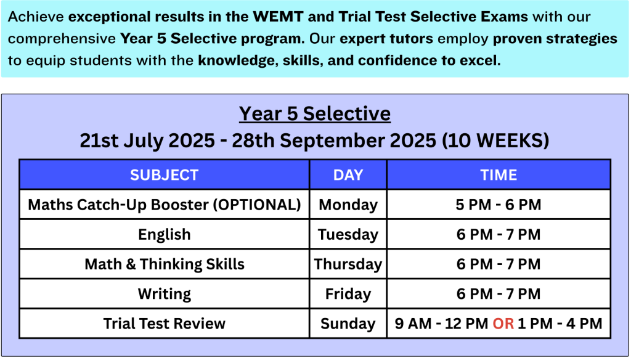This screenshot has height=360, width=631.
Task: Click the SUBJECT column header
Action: [x=164, y=175]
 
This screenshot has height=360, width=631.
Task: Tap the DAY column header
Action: [x=348, y=175]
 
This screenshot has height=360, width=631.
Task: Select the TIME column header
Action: [x=499, y=175]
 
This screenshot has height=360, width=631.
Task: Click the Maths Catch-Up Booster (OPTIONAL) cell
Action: [x=164, y=205]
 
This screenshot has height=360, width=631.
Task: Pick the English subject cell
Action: [x=164, y=234]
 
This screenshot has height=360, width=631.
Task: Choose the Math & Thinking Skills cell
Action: [x=164, y=264]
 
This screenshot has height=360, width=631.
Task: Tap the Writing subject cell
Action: [x=164, y=294]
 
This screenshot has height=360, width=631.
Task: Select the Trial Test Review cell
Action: [x=164, y=324]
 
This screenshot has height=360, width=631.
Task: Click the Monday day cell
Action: [x=348, y=205]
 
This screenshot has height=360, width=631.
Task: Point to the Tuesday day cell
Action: [x=348, y=234]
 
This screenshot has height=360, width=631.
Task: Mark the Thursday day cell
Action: [x=348, y=264]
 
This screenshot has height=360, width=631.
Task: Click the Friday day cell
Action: [x=348, y=294]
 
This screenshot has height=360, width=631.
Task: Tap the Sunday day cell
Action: [x=348, y=324]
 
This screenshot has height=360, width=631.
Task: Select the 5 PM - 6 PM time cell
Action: [x=499, y=205]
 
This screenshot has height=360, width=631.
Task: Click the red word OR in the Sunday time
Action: [x=503, y=324]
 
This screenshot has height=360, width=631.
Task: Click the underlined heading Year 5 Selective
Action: [x=315, y=113]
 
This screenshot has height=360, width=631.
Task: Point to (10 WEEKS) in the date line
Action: [x=495, y=141]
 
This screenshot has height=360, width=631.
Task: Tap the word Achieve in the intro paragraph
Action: [x=36, y=17]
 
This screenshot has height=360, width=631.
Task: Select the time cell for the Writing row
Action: [x=499, y=294]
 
